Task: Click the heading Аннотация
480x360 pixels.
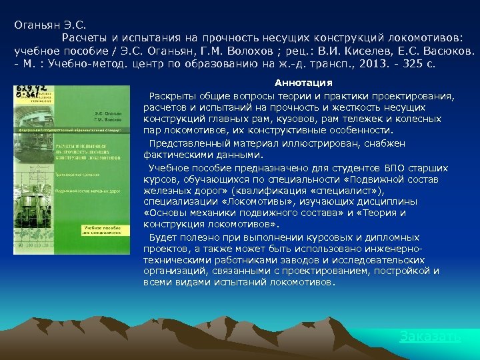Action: (x=303, y=83)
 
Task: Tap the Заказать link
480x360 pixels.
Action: (x=429, y=337)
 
